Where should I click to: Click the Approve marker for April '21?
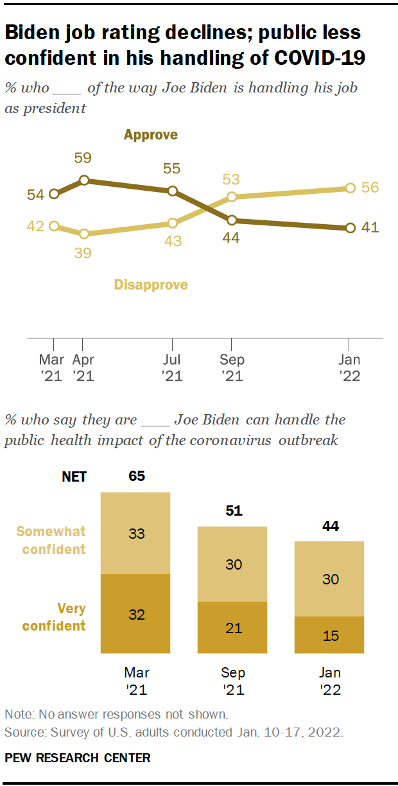tap(83, 180)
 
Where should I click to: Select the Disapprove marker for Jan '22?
tap(350, 188)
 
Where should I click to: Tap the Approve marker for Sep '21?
tap(232, 220)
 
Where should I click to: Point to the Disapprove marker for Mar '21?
tap(54, 226)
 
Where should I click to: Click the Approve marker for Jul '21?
tap(172, 191)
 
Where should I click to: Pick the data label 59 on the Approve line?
tap(83, 158)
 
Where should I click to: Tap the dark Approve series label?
tap(151, 135)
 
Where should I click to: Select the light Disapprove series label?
tap(151, 284)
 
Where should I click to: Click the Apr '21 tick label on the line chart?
tap(83, 368)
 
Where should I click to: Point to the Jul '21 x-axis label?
tap(172, 368)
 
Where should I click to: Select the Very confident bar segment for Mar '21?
tap(135, 614)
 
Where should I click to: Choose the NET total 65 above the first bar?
tap(136, 476)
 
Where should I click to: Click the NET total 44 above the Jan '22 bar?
tap(329, 527)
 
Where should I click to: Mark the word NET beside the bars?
tap(74, 477)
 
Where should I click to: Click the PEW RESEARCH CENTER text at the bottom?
tap(78, 758)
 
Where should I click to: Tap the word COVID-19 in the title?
tap(320, 58)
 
